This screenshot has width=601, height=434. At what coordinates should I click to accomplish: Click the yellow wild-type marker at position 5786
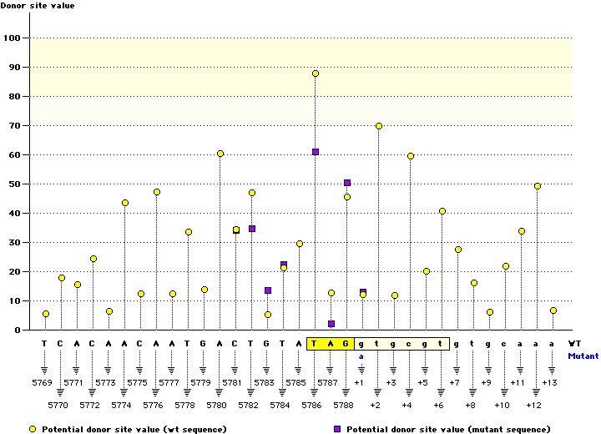[x=316, y=73]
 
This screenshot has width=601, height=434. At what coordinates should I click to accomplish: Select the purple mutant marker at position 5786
[x=316, y=152]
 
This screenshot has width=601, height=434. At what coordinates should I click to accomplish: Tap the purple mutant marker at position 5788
[x=347, y=183]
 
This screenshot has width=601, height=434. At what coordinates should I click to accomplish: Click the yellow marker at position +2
[x=379, y=126]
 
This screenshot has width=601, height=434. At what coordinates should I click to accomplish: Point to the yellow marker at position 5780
[x=220, y=154]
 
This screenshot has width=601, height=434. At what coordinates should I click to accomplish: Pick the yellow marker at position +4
[x=411, y=156]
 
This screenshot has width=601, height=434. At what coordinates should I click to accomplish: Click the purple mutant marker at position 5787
[x=331, y=324]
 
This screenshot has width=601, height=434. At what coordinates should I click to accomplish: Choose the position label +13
[x=549, y=382]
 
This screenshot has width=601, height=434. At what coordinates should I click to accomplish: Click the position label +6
[x=438, y=405]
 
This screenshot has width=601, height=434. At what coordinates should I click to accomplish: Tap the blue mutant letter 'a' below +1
[x=362, y=356]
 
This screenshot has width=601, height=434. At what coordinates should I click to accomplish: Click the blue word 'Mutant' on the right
[x=582, y=356]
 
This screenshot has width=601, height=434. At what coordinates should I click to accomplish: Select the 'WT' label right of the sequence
[x=574, y=343]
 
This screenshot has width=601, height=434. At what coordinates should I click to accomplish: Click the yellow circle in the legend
[x=33, y=429]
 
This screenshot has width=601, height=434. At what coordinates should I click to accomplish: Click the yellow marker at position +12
[x=538, y=186]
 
